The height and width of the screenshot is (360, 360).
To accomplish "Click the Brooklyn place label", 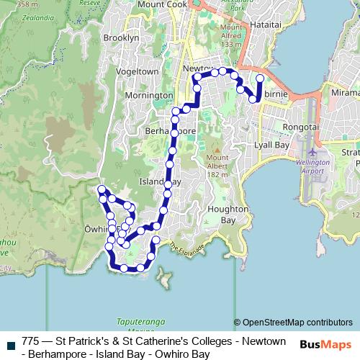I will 121,37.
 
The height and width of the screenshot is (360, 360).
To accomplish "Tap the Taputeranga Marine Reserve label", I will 141,325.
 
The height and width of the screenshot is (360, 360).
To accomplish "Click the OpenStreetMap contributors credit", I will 293,323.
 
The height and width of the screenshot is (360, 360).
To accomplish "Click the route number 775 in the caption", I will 31,341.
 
